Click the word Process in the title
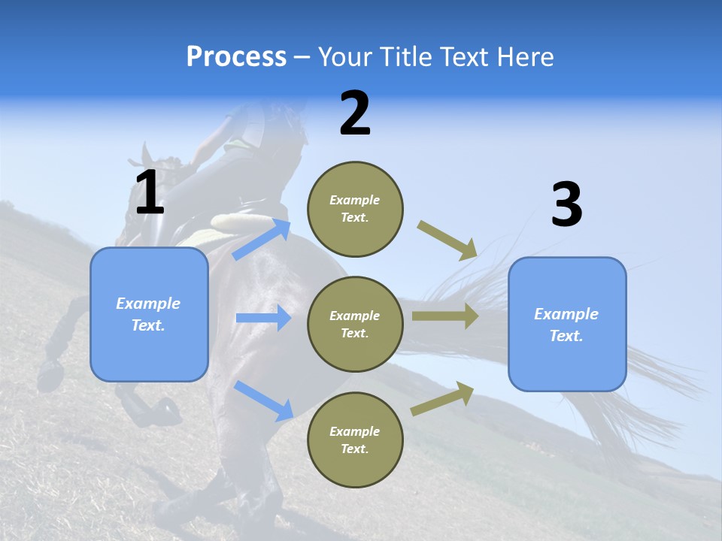click(236, 57)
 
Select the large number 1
click(149, 193)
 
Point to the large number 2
click(355, 113)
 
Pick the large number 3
click(566, 205)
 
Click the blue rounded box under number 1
click(149, 314)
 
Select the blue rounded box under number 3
click(566, 325)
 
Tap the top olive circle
click(355, 209)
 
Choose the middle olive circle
click(355, 324)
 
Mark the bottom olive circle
click(355, 440)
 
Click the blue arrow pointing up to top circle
click(262, 240)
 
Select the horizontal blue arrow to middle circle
click(263, 318)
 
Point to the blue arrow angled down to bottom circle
click(263, 400)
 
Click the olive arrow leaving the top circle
click(447, 240)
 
